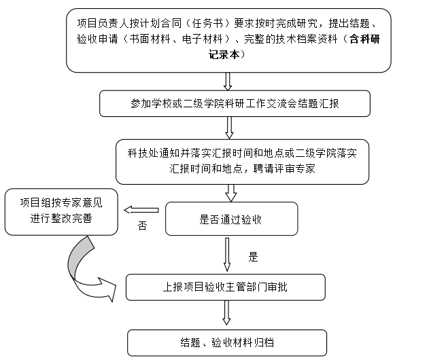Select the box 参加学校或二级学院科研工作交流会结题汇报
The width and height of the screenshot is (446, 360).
click(235, 104)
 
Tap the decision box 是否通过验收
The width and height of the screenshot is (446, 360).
click(231, 219)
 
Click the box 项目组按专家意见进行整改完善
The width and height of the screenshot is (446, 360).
click(62, 211)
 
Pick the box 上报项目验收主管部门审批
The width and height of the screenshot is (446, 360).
click(226, 287)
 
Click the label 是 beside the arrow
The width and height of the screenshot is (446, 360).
click(253, 257)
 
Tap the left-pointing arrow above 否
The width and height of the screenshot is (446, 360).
click(143, 210)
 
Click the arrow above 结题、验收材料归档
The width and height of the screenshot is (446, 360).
click(226, 314)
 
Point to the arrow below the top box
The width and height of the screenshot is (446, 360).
click(228, 81)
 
